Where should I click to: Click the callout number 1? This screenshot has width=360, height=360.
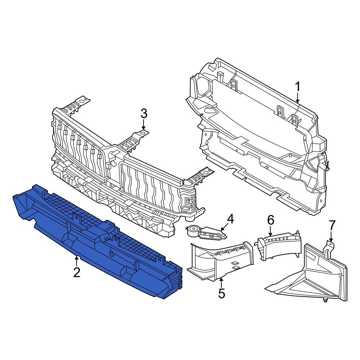[x=297, y=87]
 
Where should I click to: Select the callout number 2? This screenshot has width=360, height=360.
[x=77, y=272]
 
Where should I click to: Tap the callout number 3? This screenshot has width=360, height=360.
[x=144, y=113]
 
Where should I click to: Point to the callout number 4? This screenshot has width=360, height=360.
[x=230, y=219]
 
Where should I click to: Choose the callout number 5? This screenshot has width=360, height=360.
[x=222, y=293]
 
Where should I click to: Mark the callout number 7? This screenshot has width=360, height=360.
[x=332, y=226]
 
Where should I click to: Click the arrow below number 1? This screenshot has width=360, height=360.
[x=298, y=98]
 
